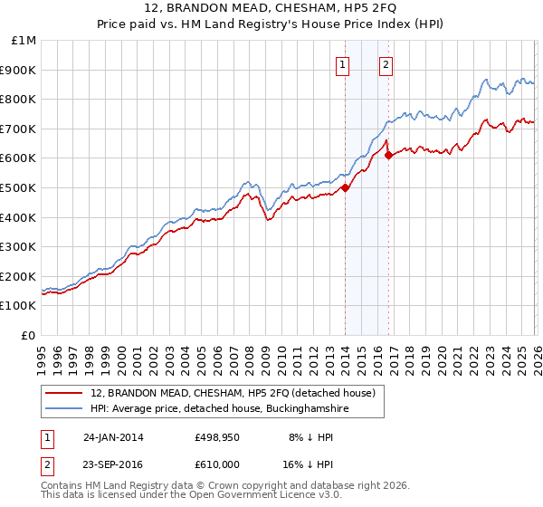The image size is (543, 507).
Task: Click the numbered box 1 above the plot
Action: coord(344,64)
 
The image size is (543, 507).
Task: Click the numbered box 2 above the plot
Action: coord(386,64)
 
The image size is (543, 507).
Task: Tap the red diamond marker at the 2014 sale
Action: coord(346,188)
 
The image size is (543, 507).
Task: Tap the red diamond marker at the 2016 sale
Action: coord(388,156)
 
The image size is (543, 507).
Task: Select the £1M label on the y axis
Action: coord(24,41)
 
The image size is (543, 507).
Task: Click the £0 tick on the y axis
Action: coord(29,335)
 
